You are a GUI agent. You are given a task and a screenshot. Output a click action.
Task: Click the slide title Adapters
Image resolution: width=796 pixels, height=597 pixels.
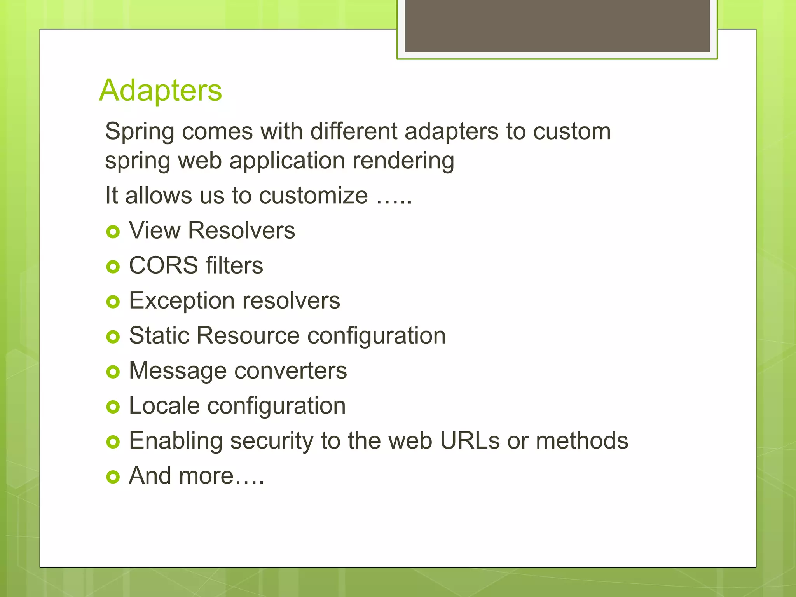pyautogui.click(x=160, y=90)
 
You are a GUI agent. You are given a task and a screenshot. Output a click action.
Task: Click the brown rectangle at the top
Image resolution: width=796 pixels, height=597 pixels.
pyautogui.click(x=557, y=26)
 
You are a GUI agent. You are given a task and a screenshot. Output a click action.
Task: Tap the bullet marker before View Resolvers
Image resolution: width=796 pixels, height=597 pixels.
pyautogui.click(x=113, y=232)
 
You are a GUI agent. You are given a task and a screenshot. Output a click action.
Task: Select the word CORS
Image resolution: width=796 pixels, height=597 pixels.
pyautogui.click(x=163, y=265)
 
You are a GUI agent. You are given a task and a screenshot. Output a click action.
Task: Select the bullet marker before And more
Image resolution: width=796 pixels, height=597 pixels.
pyautogui.click(x=113, y=477)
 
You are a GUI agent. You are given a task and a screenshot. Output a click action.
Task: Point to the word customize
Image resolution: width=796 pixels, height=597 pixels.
pyautogui.click(x=313, y=195)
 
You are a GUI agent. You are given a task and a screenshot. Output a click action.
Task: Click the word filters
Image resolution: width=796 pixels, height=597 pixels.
pyautogui.click(x=234, y=265)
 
